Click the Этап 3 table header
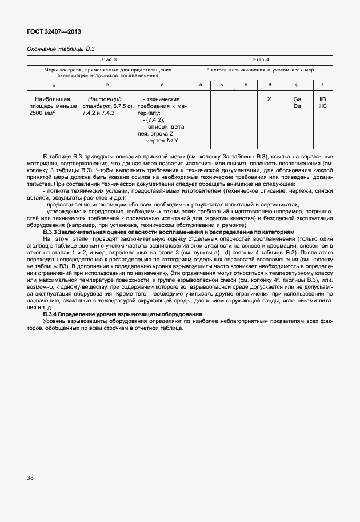(108, 60)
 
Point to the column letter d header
(269, 85)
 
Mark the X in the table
(269, 99)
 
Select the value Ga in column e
(297, 99)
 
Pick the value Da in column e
(297, 106)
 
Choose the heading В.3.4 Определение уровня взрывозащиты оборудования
(122, 315)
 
